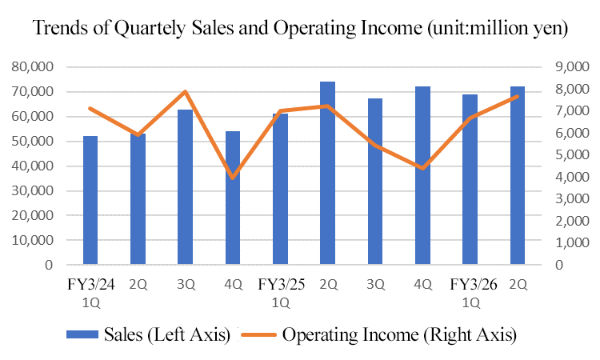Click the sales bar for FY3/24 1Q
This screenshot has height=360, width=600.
(90, 200)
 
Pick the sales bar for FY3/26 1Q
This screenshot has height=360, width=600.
(470, 179)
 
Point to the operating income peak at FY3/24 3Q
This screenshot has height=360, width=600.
(186, 91)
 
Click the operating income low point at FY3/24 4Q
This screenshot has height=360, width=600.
(233, 177)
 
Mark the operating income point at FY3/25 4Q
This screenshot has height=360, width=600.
(422, 168)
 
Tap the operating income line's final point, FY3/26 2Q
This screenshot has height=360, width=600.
(518, 96)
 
